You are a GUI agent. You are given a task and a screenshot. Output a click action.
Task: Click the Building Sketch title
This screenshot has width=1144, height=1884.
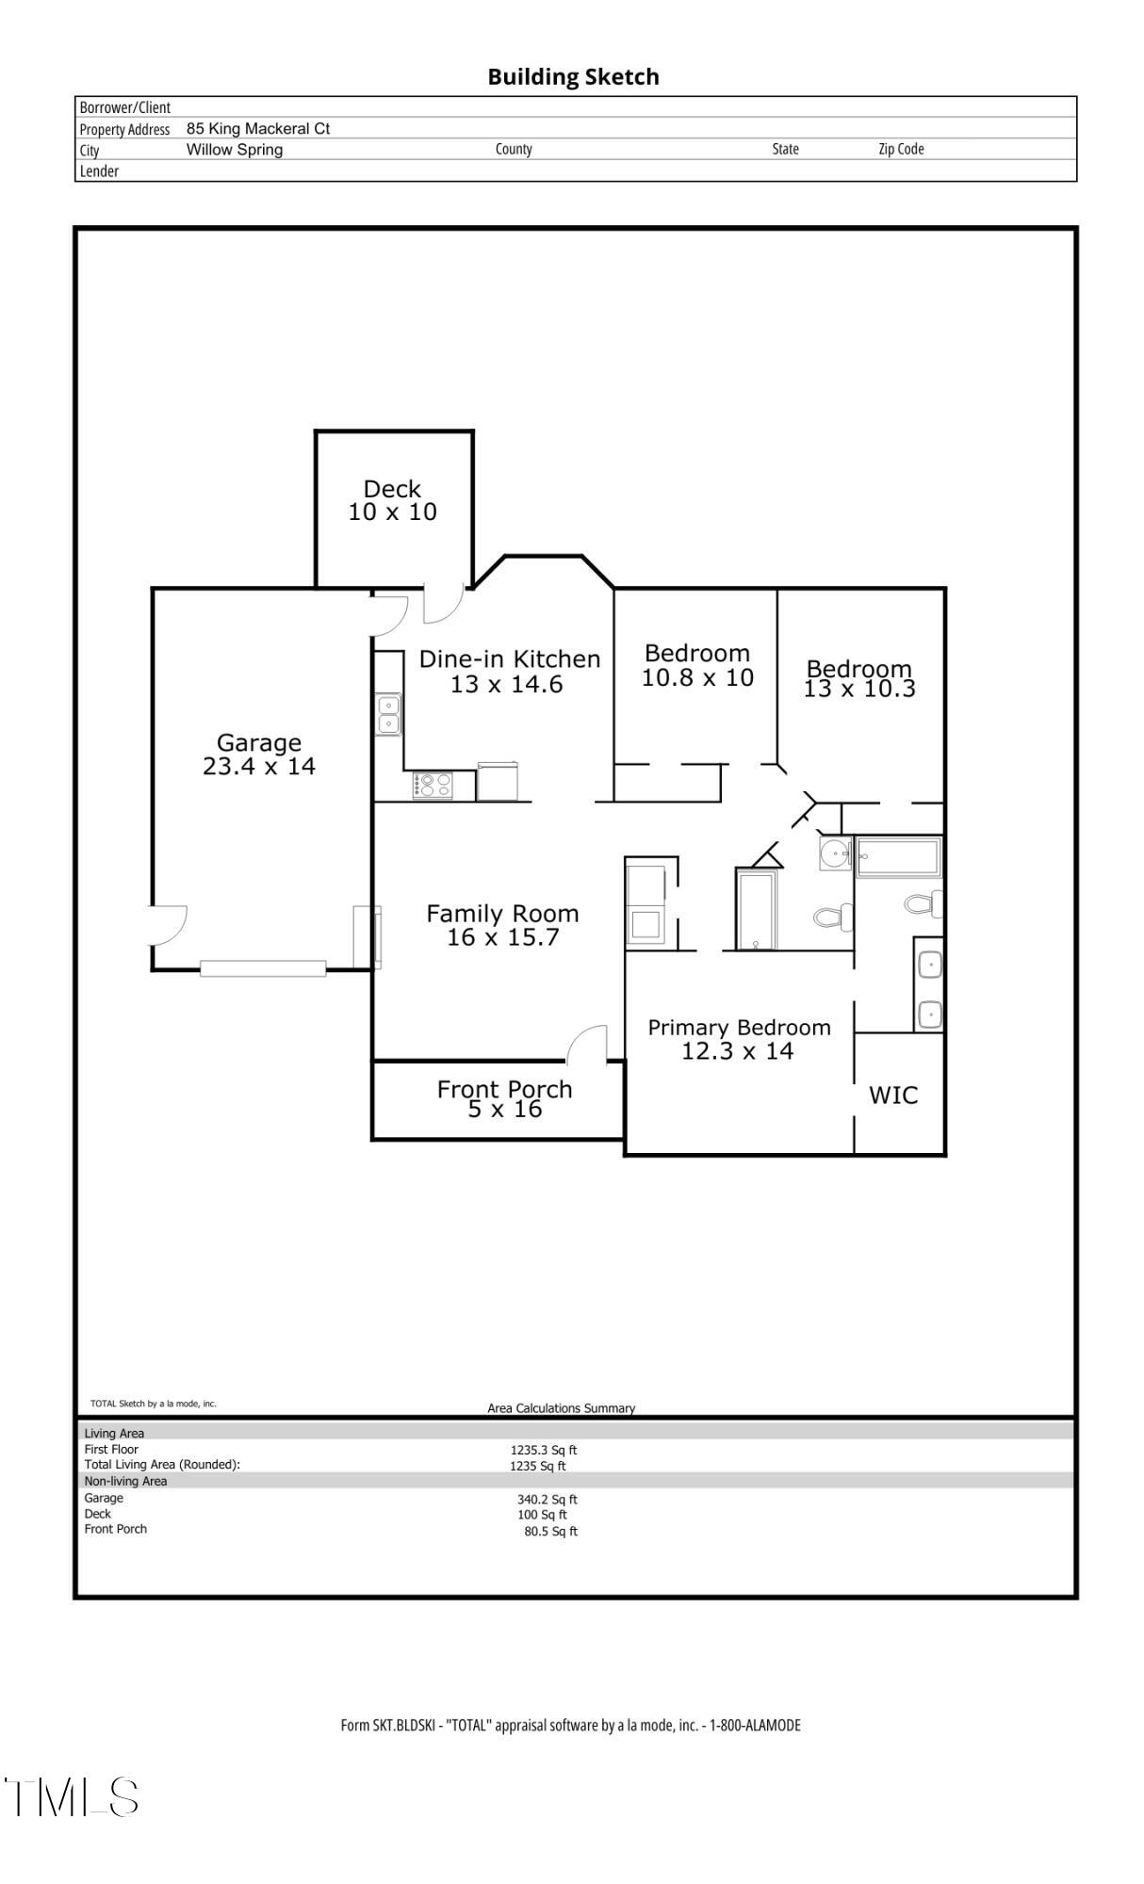[573, 77]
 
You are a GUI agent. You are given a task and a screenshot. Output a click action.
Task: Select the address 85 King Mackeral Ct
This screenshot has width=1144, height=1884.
[257, 129]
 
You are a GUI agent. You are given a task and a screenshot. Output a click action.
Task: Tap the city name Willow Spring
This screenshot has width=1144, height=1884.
[234, 150]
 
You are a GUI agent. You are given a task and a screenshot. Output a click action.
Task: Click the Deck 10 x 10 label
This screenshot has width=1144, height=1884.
[392, 500]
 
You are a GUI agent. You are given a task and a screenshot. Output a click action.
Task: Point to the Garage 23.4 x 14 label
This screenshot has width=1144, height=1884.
[259, 755]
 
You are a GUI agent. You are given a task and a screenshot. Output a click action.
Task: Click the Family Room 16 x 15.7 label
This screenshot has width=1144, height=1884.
[502, 925]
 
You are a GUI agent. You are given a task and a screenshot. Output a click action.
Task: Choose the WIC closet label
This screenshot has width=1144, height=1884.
[892, 1095]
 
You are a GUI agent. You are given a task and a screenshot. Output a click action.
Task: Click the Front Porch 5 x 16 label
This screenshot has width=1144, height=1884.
[504, 1098]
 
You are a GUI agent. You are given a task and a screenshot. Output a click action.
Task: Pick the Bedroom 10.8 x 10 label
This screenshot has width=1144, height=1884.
[697, 665]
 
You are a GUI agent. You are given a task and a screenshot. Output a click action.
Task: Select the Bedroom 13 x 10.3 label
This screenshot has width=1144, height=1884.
[858, 678]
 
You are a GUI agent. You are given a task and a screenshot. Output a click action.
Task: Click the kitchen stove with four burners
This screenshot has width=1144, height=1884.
[432, 785]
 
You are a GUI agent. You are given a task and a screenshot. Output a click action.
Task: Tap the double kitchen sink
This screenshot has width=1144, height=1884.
[387, 714]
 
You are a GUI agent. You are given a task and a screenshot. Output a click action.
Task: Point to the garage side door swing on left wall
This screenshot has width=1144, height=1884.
[167, 924]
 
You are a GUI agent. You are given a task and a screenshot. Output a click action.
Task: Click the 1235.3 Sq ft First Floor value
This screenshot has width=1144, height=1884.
[544, 1450]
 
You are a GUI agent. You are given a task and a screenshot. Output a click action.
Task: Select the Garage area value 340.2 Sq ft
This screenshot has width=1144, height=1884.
[547, 1499]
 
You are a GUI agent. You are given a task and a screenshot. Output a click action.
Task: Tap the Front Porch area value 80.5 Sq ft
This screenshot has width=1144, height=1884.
[550, 1531]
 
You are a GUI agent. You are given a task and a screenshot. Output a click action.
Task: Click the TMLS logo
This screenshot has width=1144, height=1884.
[72, 1796]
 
